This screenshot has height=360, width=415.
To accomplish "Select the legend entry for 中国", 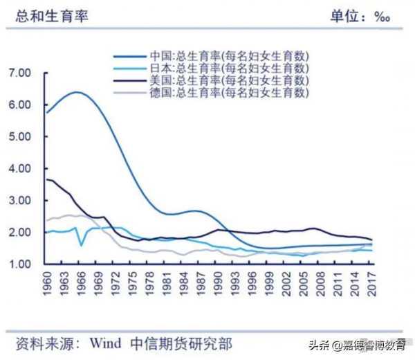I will tap(228, 55).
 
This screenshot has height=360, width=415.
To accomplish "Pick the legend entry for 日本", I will tap(228, 68).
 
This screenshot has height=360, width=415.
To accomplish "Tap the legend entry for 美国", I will tap(228, 80).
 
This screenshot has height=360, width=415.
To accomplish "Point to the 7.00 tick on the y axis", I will tap(20, 73).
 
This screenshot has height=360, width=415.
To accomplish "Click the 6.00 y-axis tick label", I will tap(20, 105).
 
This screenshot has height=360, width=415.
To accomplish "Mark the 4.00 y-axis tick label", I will tap(20, 168).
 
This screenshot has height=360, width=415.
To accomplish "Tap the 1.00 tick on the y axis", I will tap(20, 264).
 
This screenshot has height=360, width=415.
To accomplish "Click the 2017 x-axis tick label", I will tap(371, 285).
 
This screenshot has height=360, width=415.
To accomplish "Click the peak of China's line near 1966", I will tap(77, 92).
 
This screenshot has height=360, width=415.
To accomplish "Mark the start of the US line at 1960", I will tap(47, 179).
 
